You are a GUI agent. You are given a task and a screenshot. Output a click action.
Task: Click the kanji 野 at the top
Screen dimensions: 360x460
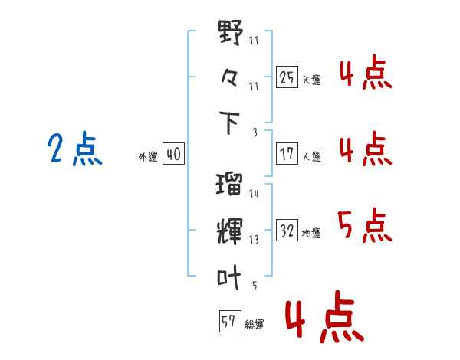(x=230, y=35)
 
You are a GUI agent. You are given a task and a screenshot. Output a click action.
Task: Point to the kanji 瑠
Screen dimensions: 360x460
(x=230, y=185)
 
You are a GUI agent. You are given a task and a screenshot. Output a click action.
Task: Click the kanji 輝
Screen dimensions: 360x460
(x=230, y=229)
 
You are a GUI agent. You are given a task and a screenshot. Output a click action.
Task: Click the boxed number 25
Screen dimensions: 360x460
(x=287, y=77)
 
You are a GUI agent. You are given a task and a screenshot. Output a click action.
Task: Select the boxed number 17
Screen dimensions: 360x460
(x=287, y=154)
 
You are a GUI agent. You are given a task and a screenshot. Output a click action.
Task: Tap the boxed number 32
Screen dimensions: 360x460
(x=287, y=231)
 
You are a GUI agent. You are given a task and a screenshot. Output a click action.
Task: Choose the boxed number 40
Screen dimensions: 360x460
(x=172, y=154)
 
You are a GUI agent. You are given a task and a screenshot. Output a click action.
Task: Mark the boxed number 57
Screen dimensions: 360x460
(x=228, y=322)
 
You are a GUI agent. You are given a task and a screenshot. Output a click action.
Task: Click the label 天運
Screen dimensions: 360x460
(x=311, y=80)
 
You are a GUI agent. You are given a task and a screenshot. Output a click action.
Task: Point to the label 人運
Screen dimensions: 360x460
(x=311, y=157)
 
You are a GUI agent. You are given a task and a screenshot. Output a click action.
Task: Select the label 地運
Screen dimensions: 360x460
(x=311, y=234)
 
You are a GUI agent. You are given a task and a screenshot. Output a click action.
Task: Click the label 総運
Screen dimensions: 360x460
(x=255, y=325)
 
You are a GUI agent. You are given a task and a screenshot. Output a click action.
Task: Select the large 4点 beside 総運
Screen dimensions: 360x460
(x=321, y=319)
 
